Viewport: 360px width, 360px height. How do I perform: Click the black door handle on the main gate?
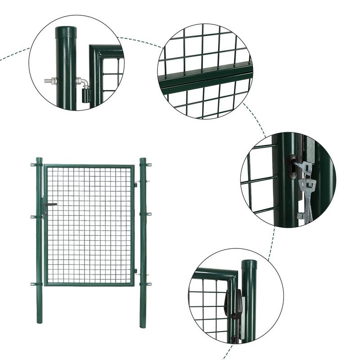pyautogui.click(x=49, y=205)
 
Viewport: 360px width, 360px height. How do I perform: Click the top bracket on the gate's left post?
pyautogui.click(x=33, y=165)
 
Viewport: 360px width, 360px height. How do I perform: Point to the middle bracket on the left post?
pyautogui.click(x=33, y=216)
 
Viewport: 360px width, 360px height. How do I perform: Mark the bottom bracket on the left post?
pyautogui.click(x=33, y=284)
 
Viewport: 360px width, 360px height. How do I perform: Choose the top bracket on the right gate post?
pyautogui.click(x=148, y=165)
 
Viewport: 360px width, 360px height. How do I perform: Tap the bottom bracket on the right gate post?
pyautogui.click(x=148, y=284)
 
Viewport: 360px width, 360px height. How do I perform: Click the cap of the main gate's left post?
pyautogui.click(x=39, y=159)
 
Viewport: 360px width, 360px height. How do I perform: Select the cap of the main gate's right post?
pyautogui.click(x=143, y=160)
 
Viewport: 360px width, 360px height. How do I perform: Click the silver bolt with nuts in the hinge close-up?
pyautogui.click(x=50, y=81)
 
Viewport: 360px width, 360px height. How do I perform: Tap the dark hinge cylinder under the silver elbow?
pyautogui.click(x=85, y=95)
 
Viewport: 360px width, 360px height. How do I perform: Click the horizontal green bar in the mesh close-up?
pyautogui.click(x=205, y=80)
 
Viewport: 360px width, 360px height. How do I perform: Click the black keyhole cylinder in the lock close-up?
pyautogui.click(x=292, y=161)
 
